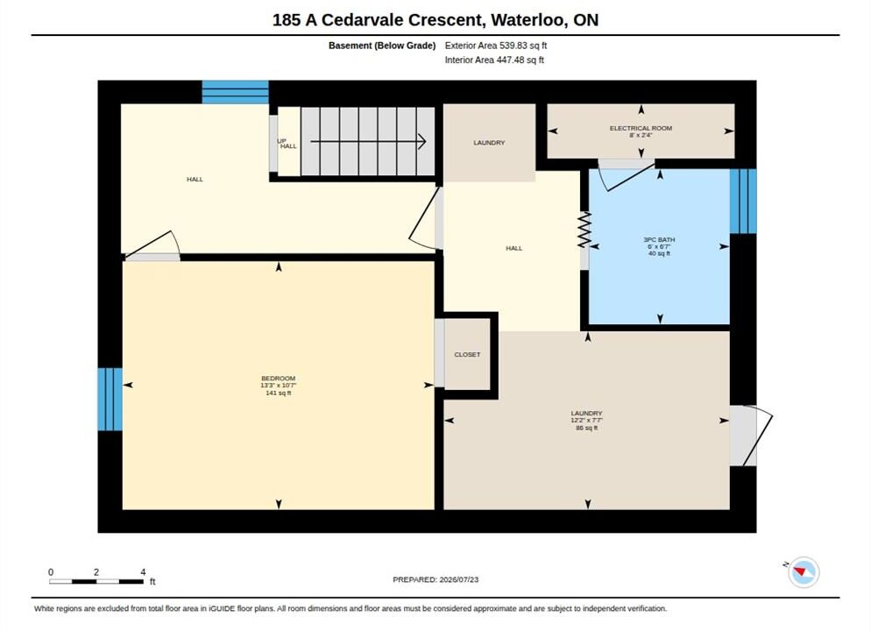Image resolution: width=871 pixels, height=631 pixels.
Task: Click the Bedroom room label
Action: point(279,379)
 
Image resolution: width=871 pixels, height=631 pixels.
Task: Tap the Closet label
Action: point(467,354)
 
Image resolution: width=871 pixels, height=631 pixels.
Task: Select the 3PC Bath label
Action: point(659,239)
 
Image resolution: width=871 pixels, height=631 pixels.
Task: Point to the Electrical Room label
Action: point(641,128)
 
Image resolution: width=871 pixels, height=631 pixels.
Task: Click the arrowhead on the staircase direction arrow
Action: point(422,142)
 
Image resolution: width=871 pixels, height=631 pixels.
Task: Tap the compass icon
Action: point(804,571)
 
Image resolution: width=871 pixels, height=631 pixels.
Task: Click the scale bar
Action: point(96,582)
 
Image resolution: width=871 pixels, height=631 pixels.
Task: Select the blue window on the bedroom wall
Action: point(110,399)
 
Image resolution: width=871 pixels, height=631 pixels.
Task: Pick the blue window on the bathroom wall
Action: point(743,201)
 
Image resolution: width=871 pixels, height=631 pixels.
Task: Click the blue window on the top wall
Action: point(236,92)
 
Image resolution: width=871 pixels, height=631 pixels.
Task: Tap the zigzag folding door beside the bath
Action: point(584,230)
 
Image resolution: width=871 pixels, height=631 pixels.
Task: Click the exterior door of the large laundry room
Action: point(750,436)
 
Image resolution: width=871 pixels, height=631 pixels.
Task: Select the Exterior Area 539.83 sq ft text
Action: point(495,46)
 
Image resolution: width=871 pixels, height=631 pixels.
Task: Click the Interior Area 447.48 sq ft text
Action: point(494,60)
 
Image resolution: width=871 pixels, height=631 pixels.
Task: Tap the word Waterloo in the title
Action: point(529,20)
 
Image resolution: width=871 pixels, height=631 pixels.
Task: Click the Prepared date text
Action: point(435,579)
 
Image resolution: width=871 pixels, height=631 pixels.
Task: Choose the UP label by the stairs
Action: point(281,140)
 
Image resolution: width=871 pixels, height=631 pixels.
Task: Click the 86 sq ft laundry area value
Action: point(586,428)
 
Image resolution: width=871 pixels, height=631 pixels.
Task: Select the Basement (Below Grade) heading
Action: point(382,46)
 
